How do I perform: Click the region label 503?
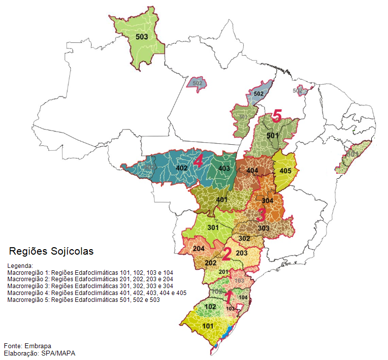(x=142, y=36)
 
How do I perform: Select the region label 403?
(x=224, y=168)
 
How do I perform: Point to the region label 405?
(x=286, y=171)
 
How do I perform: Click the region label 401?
(x=222, y=199)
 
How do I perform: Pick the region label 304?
(x=267, y=201)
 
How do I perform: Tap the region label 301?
(x=213, y=228)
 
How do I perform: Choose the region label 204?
(x=198, y=249)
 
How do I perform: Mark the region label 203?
(x=242, y=253)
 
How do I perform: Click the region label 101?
(x=208, y=326)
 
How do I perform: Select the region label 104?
(x=243, y=297)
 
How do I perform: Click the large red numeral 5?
(x=276, y=117)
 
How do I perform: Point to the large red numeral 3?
(x=261, y=215)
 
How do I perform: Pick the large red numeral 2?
(x=226, y=254)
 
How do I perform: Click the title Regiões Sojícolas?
(x=51, y=251)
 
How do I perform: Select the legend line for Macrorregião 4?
(x=97, y=293)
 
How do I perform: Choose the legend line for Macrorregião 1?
(x=90, y=272)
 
